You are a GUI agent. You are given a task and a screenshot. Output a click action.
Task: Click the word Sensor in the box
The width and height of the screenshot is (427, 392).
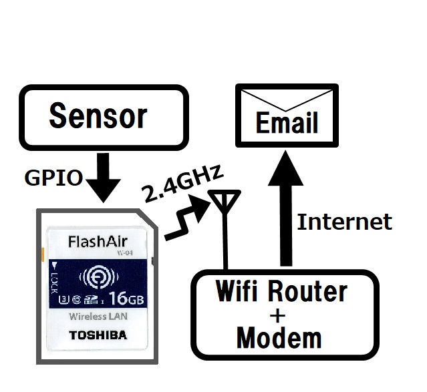pyautogui.click(x=98, y=116)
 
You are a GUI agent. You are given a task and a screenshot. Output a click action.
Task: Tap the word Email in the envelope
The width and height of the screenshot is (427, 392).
pyautogui.click(x=287, y=124)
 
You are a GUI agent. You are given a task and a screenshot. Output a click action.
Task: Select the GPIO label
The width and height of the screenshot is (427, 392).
pyautogui.click(x=53, y=178)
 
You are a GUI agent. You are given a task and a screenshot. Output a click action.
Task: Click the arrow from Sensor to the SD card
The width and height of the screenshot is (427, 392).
pyautogui.click(x=103, y=179)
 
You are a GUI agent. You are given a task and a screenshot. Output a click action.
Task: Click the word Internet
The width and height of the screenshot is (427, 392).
pyautogui.click(x=344, y=222)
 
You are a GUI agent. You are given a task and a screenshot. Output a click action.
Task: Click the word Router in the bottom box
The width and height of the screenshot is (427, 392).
pyautogui.click(x=307, y=291)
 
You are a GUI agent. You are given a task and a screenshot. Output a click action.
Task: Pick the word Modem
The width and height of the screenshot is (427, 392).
pyautogui.click(x=279, y=338)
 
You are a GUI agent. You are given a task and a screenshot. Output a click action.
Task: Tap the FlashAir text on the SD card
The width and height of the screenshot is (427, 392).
pyautogui.click(x=98, y=240)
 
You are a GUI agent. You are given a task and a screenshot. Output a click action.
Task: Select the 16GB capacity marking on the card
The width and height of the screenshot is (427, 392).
pyautogui.click(x=122, y=296)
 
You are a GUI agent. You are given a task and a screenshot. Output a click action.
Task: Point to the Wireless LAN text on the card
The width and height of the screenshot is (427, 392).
pyautogui.click(x=98, y=317)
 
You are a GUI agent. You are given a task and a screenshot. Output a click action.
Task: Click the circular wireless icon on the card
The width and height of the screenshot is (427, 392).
pyautogui.click(x=98, y=276)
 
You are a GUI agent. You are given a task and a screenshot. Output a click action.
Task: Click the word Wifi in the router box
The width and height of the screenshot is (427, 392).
pyautogui.click(x=238, y=291)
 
